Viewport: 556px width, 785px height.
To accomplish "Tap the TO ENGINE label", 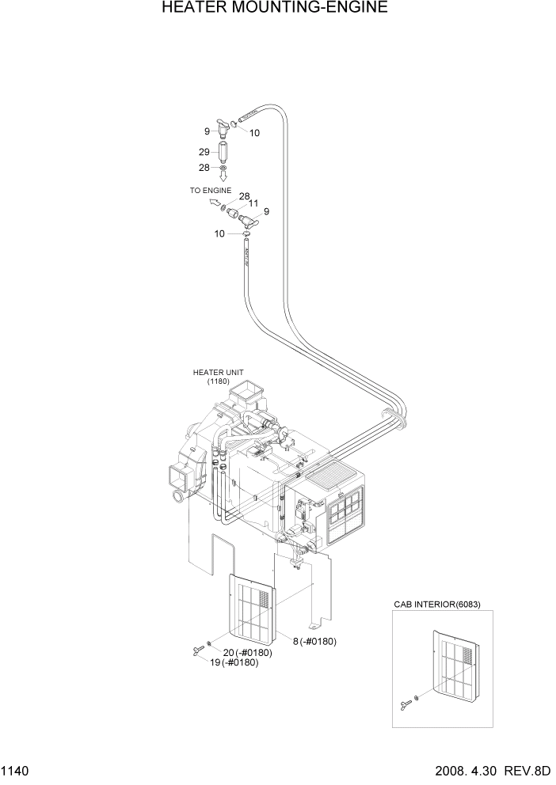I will pos(210,191).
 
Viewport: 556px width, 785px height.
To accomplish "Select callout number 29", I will pos(204,152).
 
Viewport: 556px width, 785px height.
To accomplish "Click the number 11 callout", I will pos(254,203).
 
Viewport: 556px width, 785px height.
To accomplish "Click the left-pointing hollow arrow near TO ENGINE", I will pos(213,203).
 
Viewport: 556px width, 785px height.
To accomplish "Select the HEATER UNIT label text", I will pos(218,372).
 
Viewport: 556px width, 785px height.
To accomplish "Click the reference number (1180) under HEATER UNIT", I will pos(219,381).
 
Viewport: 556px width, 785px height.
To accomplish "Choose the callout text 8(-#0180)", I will pos(314,641).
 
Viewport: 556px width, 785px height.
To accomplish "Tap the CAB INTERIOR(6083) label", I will pos(437,605).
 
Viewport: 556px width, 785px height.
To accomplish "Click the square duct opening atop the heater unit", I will pos(253,390).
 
